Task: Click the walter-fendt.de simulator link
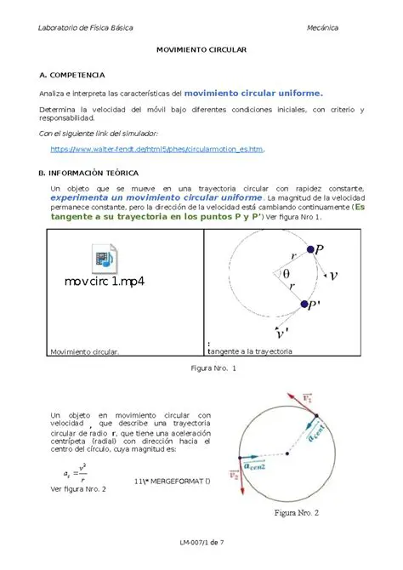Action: tap(158, 149)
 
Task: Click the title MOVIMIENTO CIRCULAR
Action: tap(201, 51)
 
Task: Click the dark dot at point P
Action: tap(309, 250)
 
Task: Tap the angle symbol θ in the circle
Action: tap(286, 274)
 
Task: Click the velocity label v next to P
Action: tap(333, 275)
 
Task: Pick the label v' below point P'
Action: tap(283, 331)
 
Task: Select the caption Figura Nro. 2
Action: tap(295, 513)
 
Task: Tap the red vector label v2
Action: tap(236, 474)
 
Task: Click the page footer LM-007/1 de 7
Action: tap(201, 542)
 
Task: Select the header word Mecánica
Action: tap(322, 28)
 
